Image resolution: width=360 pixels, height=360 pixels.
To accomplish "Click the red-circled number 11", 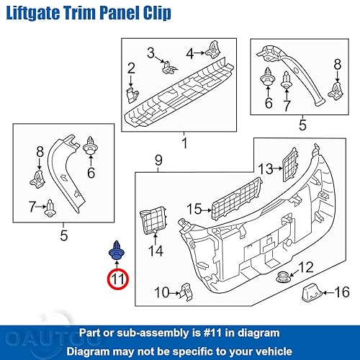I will [x=117, y=278].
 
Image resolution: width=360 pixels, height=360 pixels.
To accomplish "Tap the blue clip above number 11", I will [x=116, y=251].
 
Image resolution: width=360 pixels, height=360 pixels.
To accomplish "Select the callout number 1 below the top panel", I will [x=184, y=144].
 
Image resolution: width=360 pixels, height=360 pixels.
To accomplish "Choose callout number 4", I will [x=190, y=53].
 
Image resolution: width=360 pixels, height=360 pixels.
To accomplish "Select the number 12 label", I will [x=306, y=268].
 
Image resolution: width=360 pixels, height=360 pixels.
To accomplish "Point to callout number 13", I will [x=266, y=168].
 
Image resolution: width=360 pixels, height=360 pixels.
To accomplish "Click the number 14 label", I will [x=156, y=251].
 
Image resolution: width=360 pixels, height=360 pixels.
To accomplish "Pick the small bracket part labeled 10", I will [x=184, y=291].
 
